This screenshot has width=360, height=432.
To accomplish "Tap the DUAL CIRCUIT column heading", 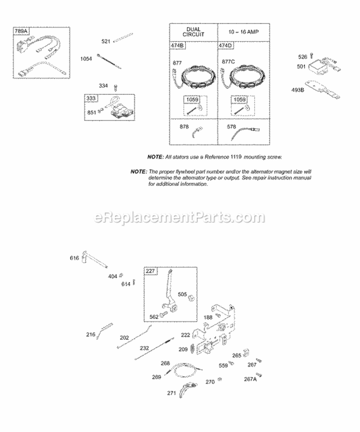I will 194,32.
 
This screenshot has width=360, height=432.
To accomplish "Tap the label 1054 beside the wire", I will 86,59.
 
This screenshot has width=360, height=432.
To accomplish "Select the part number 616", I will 74,258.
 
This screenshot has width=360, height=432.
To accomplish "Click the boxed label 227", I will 150,272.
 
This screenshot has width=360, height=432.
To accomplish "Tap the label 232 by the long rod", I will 131,348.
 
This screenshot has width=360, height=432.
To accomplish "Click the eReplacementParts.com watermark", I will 180,217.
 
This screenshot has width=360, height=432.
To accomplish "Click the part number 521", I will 106,41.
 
